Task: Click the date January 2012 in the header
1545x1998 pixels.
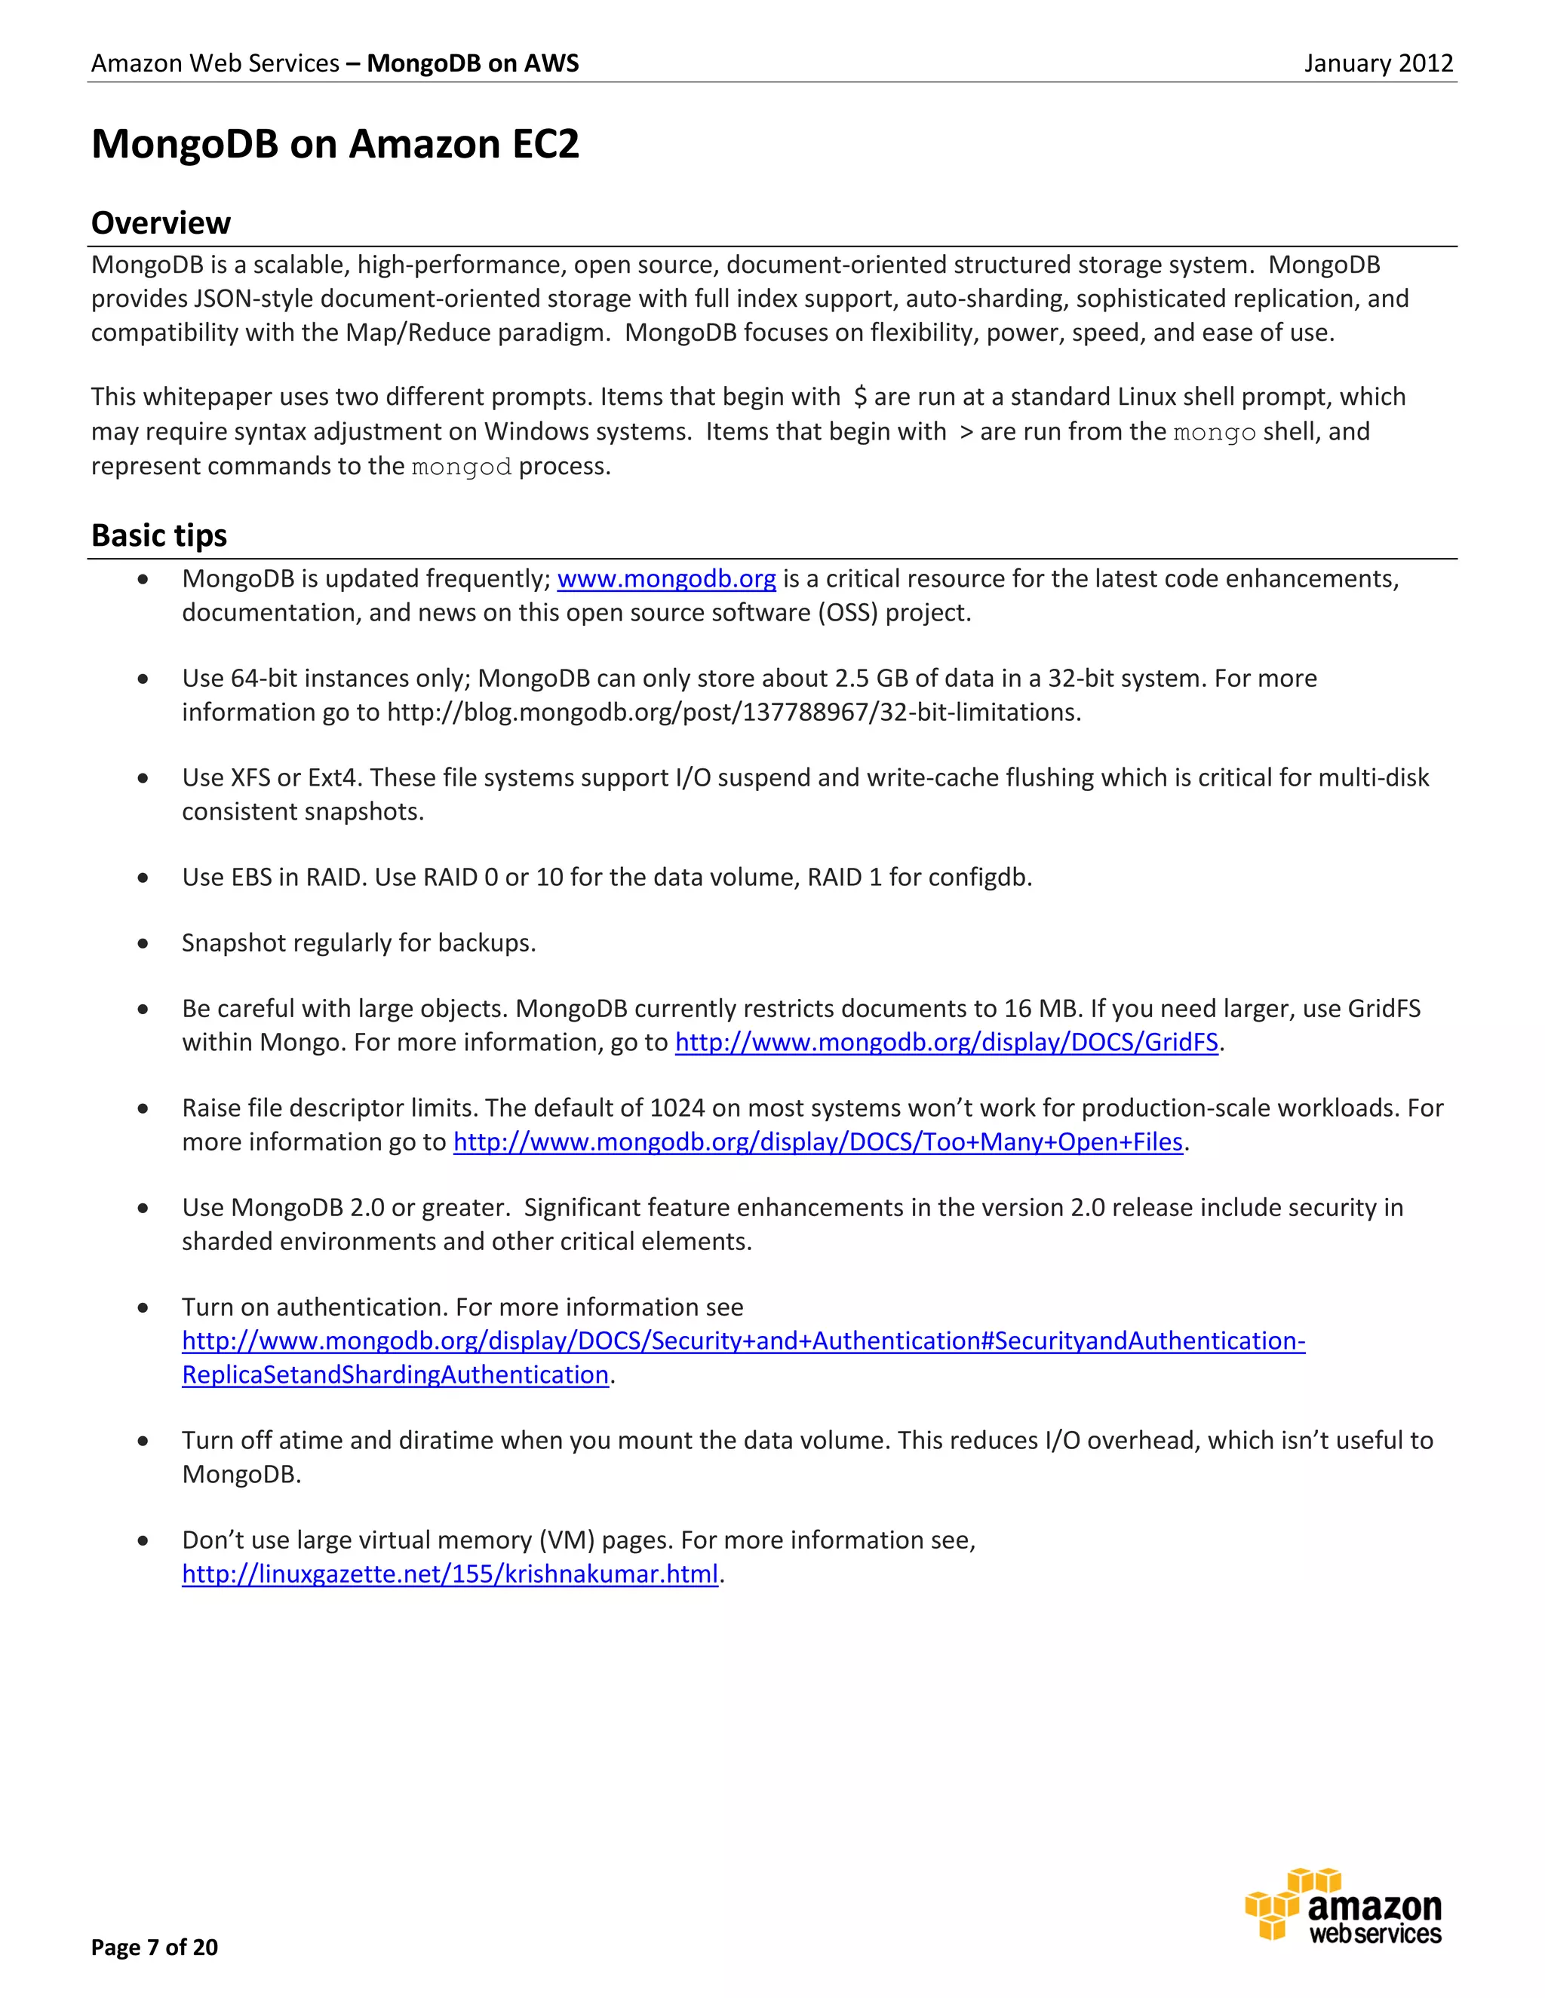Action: pyautogui.click(x=1378, y=63)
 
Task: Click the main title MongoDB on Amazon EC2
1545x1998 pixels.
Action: pyautogui.click(x=335, y=145)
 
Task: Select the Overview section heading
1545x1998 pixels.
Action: pyautogui.click(x=161, y=222)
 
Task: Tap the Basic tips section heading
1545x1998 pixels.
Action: pyautogui.click(x=159, y=535)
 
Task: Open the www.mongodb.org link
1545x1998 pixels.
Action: pyautogui.click(x=666, y=578)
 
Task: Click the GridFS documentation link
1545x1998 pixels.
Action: pyautogui.click(x=947, y=1042)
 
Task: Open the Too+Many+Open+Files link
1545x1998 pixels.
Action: pyautogui.click(x=819, y=1141)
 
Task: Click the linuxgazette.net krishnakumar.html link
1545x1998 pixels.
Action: pyautogui.click(x=450, y=1574)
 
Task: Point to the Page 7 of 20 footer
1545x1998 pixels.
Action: pyautogui.click(x=155, y=1947)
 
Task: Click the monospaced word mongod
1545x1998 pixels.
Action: pyautogui.click(x=461, y=467)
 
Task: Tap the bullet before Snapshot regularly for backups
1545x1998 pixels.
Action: pyautogui.click(x=143, y=943)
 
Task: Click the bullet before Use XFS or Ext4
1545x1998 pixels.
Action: pyautogui.click(x=143, y=777)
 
